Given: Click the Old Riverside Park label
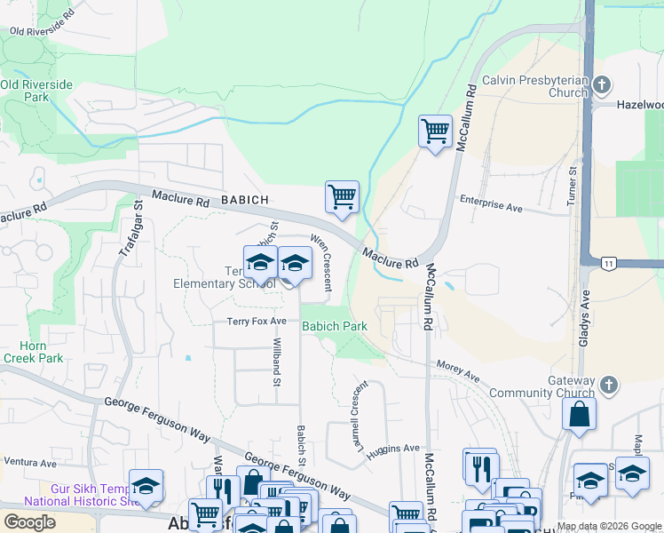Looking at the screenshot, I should pos(36,91).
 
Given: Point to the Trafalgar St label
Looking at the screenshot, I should pos(130,229).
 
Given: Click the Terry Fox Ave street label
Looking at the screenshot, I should pos(257,321).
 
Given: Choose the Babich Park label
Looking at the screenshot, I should pos(335,326).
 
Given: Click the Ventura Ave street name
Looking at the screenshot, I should pos(29,463).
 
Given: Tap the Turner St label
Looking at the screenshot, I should pos(573,182).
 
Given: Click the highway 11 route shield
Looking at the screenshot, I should pos(608,263).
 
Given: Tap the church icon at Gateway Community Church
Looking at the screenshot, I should pos(608,386).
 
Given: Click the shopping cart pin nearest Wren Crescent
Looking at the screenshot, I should pos(342,196).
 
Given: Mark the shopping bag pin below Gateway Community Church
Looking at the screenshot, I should pos(579,414).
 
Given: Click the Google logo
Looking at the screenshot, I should pos(30,521).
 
